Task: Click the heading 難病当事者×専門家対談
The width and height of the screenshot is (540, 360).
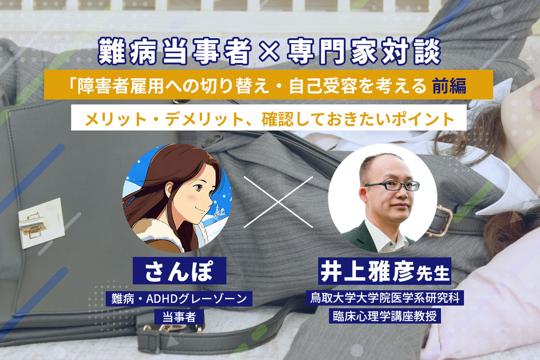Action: click(269, 52)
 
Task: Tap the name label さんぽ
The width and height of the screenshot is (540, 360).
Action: click(179, 272)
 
